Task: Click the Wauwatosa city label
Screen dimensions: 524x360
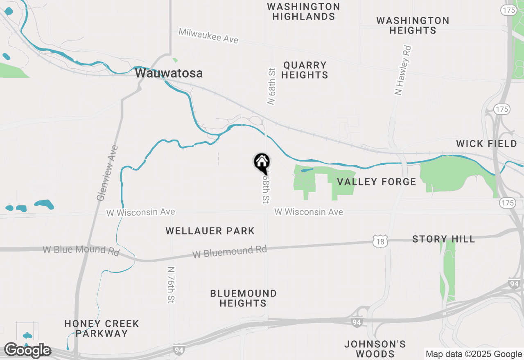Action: (169, 73)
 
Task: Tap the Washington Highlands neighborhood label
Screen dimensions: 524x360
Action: (303, 12)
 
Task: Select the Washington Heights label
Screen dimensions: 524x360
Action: (413, 25)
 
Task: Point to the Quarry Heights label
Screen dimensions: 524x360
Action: (305, 70)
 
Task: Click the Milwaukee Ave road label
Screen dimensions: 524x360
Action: (208, 36)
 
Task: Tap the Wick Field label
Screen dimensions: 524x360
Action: (487, 144)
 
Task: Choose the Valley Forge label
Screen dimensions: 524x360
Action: (376, 182)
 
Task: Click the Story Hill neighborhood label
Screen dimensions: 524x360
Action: (443, 239)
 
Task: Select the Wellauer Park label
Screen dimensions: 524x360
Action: (210, 231)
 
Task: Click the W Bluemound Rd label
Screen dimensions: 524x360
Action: (230, 252)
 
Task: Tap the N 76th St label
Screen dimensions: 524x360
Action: (171, 285)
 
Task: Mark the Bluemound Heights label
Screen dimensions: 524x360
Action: (243, 298)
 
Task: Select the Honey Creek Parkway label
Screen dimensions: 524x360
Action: (102, 328)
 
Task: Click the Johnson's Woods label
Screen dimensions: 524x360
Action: (375, 349)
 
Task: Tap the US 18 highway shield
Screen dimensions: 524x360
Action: (380, 242)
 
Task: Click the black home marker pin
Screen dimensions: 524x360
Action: (262, 162)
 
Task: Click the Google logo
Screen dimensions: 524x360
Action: (27, 351)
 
